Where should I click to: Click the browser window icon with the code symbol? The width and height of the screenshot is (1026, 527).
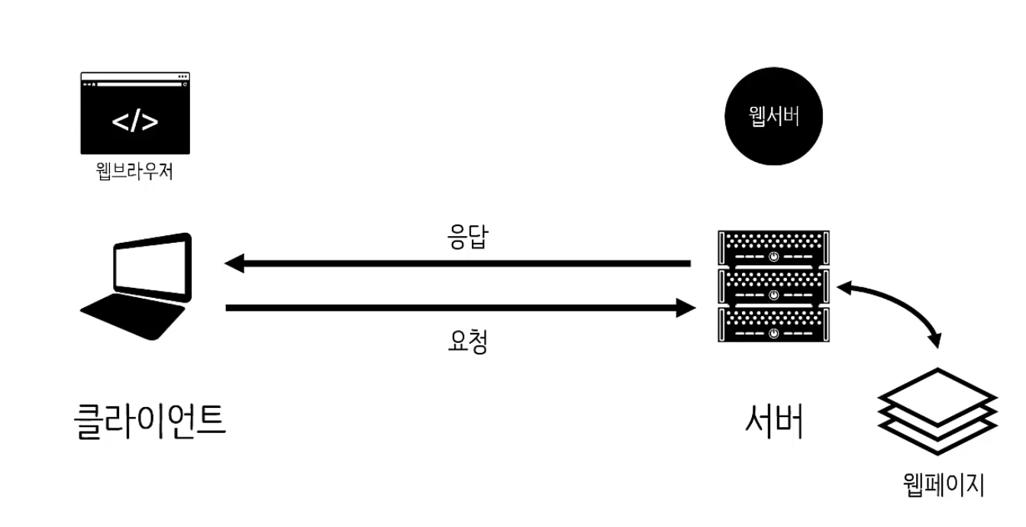click(x=135, y=113)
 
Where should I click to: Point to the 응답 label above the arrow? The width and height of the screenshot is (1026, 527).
click(x=466, y=239)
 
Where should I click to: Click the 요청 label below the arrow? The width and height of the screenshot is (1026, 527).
click(x=466, y=341)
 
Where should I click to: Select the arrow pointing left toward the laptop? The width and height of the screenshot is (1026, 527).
click(x=458, y=264)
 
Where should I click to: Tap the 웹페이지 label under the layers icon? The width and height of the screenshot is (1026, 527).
click(x=944, y=484)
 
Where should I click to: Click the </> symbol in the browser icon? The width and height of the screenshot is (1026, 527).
click(x=135, y=121)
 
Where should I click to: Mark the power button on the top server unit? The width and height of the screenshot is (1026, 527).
click(x=774, y=256)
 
